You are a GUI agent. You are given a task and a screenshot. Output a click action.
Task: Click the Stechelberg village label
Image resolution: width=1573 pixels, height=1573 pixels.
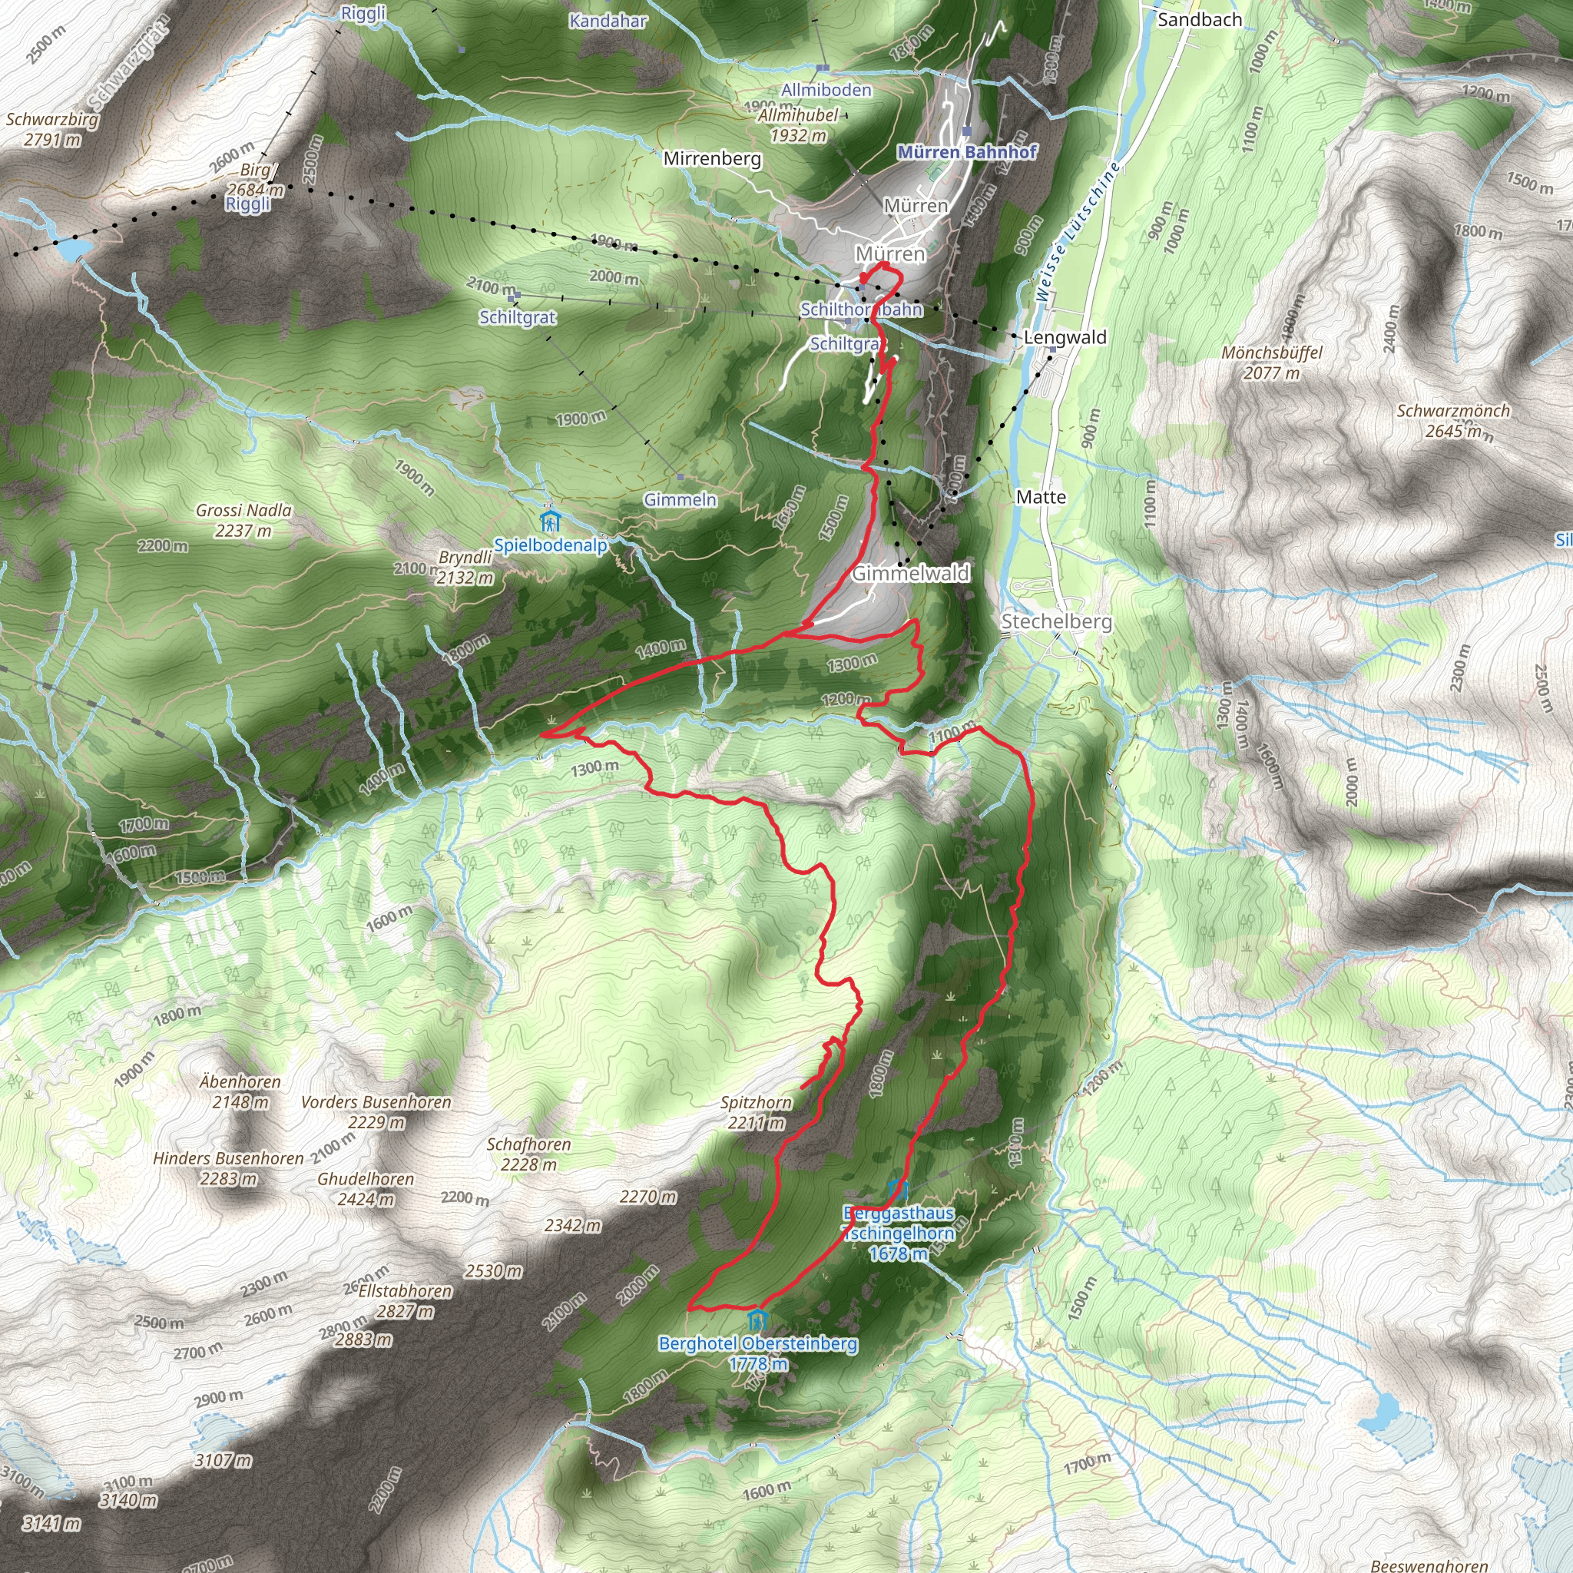coord(1056,621)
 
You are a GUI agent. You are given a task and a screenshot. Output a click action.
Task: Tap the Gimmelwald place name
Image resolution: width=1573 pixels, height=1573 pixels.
coord(910,573)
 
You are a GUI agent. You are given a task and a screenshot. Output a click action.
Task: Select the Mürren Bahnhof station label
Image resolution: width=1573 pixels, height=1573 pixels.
coord(966,152)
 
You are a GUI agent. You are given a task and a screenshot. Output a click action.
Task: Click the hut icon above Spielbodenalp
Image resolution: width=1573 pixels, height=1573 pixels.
coord(550,520)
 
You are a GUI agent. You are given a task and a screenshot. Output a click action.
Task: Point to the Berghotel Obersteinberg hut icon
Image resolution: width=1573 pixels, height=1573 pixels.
coord(757,1318)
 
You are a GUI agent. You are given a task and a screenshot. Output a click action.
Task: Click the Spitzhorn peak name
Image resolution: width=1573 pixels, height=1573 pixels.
coord(756,1102)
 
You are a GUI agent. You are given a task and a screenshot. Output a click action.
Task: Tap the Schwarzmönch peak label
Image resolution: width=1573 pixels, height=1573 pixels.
coord(1452,411)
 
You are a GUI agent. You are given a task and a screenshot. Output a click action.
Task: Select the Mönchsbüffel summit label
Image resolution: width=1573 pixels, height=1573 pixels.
coord(1272,353)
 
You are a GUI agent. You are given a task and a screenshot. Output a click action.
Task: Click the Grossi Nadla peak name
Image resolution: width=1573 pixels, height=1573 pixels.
coord(243,511)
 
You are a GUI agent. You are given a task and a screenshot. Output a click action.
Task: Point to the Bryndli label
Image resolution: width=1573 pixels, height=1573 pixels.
coord(465,558)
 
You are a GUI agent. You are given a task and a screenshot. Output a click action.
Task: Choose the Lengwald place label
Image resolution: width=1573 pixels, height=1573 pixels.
coord(1065,337)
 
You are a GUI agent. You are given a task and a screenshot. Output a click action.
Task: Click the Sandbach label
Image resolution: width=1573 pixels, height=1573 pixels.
coord(1199,19)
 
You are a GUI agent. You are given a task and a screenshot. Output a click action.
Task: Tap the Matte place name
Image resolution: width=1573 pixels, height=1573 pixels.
coord(1041,497)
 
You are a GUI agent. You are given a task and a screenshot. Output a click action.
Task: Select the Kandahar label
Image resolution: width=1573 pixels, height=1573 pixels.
coord(608,21)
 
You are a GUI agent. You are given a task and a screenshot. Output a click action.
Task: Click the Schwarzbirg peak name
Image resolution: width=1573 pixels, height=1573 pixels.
coord(52,120)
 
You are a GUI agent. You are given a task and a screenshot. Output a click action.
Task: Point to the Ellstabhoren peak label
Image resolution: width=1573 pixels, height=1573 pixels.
coord(405,1291)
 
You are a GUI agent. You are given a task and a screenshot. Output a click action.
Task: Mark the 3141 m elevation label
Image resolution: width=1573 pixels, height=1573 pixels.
coord(51,1522)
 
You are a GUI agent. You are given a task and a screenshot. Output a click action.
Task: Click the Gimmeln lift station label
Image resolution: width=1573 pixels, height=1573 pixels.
coord(680,499)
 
